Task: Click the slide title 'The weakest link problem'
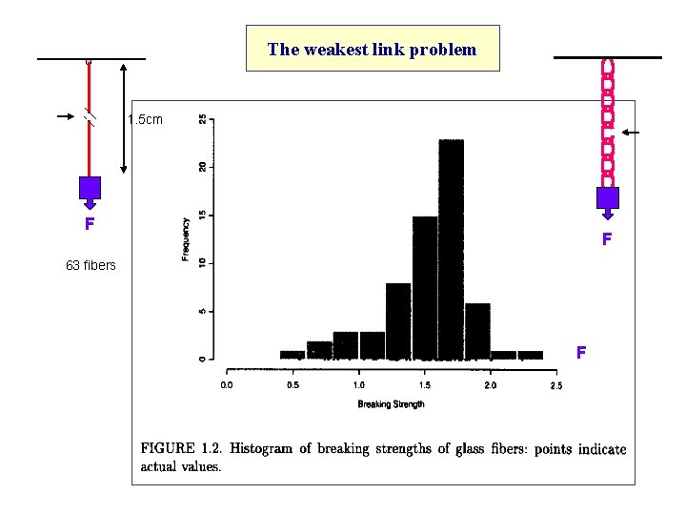pyautogui.click(x=372, y=50)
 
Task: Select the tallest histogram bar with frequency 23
pyautogui.click(x=451, y=250)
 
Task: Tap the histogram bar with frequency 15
pyautogui.click(x=424, y=288)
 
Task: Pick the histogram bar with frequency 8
pyautogui.click(x=397, y=321)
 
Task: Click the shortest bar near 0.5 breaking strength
pyautogui.click(x=292, y=355)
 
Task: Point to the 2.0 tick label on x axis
pyautogui.click(x=490, y=385)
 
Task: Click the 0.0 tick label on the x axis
pyautogui.click(x=226, y=385)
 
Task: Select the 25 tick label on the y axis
pyautogui.click(x=202, y=119)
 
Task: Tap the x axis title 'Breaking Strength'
pyautogui.click(x=391, y=404)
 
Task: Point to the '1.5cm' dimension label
pyautogui.click(x=145, y=120)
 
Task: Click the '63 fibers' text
pyautogui.click(x=91, y=265)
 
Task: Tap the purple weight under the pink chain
pyautogui.click(x=608, y=197)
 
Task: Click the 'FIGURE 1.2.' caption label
pyautogui.click(x=180, y=449)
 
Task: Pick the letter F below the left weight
pyautogui.click(x=89, y=225)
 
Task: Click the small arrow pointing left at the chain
pyautogui.click(x=633, y=132)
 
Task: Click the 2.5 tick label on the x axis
pyautogui.click(x=555, y=385)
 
